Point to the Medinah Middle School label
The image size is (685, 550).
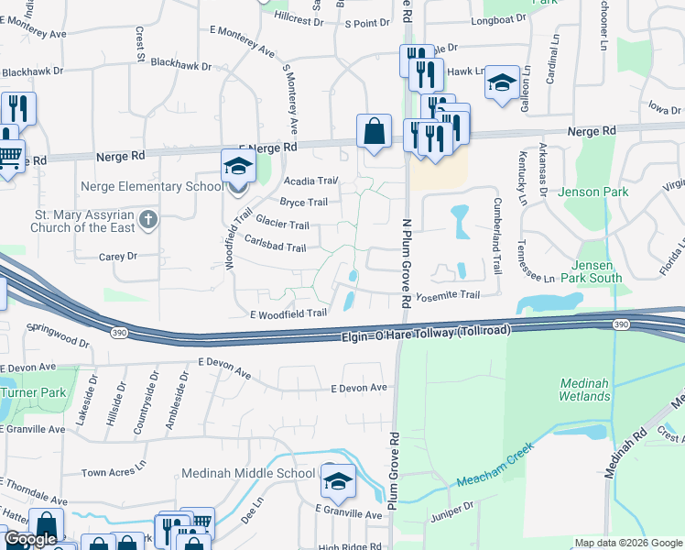[249, 474]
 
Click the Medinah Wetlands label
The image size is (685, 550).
[584, 389]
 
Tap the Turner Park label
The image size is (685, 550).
[33, 392]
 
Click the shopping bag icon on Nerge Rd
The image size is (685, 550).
[375, 132]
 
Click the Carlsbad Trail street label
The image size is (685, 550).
[276, 247]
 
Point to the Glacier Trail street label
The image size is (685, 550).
[282, 224]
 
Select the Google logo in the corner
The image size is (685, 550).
[29, 540]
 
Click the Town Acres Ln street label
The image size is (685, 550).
[113, 473]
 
